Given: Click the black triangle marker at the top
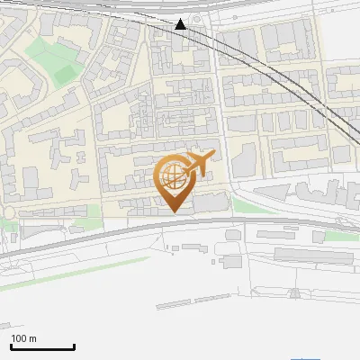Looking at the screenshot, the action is point(181,24).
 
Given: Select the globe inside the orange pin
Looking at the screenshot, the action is point(172,175).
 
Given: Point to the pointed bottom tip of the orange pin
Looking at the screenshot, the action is point(173,211).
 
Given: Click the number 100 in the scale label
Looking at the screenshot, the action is point(19,338).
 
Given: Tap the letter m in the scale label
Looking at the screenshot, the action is point(33,338).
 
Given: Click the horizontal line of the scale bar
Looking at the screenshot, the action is point(42,347).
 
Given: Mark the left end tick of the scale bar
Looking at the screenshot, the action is point(11,346).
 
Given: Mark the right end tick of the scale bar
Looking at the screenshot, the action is point(74,346).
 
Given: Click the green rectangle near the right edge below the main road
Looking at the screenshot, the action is point(339,236).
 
